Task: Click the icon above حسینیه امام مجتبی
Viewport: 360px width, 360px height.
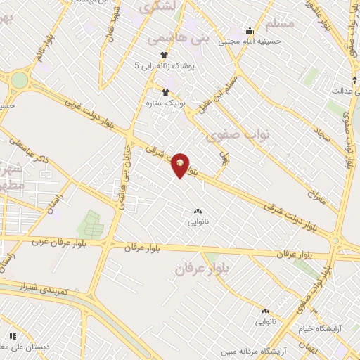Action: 250,30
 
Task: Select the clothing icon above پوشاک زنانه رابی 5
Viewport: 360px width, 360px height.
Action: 164,54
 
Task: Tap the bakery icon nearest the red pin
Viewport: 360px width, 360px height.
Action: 197,211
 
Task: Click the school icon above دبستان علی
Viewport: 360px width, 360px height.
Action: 12,337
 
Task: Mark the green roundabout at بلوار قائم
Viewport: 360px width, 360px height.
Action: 19,80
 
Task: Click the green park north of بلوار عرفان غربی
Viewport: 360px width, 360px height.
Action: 90,224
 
